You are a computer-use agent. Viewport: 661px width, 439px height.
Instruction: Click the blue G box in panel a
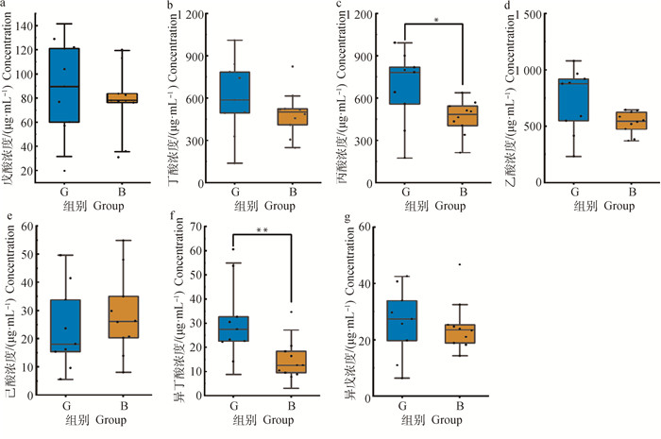pos(65,85)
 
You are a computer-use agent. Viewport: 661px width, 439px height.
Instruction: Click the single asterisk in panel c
pos(434,19)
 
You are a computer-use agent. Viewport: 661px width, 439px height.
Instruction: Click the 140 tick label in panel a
pos(28,24)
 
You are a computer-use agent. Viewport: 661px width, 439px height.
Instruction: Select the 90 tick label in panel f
pos(199,227)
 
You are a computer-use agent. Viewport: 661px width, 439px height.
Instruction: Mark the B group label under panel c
pos(462,190)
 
